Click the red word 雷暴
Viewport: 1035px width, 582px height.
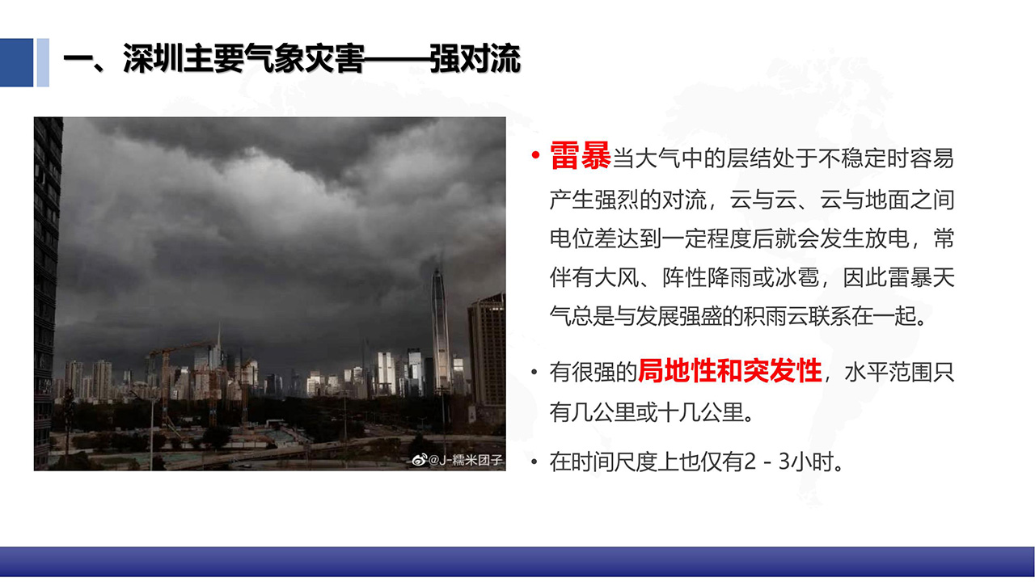581,156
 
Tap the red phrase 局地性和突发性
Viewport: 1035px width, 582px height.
730,371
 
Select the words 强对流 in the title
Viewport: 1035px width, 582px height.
475,59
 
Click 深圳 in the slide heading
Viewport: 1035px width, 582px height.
153,59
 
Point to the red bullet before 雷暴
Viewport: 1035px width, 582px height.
535,154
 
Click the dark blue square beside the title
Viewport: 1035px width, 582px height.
17,62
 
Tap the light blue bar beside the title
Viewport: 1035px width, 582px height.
43,62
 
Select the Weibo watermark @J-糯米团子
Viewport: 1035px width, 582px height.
465,460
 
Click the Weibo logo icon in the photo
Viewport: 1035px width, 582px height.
420,460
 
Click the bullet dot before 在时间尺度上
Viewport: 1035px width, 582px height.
534,462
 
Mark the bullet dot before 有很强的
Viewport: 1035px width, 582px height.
534,372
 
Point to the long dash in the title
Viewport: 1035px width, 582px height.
397,60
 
